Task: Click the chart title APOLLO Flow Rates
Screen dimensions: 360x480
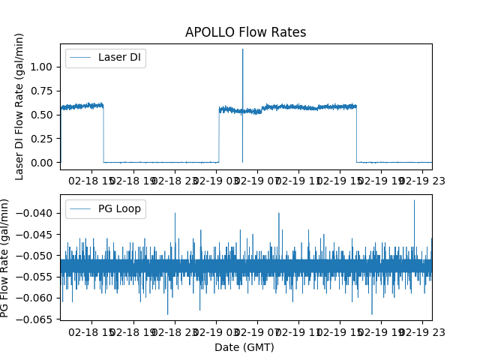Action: click(245, 32)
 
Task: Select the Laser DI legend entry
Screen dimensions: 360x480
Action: click(106, 58)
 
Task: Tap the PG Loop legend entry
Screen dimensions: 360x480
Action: click(106, 208)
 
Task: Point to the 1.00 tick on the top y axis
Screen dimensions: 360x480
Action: click(43, 67)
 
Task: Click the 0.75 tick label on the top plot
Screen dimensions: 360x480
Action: click(43, 91)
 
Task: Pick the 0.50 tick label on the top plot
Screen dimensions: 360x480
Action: click(43, 115)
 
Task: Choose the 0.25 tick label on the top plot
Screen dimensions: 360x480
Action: click(43, 139)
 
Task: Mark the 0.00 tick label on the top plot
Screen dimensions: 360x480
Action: click(43, 163)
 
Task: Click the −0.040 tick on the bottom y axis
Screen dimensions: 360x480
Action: click(37, 213)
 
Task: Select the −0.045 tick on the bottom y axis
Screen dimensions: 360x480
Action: click(37, 234)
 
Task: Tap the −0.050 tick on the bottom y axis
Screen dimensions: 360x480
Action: click(37, 256)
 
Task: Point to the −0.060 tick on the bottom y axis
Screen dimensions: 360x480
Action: click(37, 298)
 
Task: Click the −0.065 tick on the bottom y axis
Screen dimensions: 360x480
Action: click(37, 319)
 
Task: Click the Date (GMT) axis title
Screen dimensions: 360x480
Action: click(244, 347)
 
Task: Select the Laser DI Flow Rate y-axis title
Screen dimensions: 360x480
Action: click(20, 106)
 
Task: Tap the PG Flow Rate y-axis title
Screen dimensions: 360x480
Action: click(5, 258)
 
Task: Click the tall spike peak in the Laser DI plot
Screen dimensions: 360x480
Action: click(242, 49)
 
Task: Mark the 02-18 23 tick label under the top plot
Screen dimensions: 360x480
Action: click(175, 181)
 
